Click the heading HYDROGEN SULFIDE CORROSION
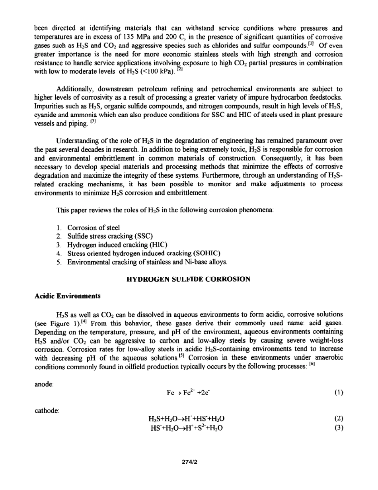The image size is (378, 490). [188, 279]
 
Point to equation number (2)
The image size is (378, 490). [339, 419]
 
